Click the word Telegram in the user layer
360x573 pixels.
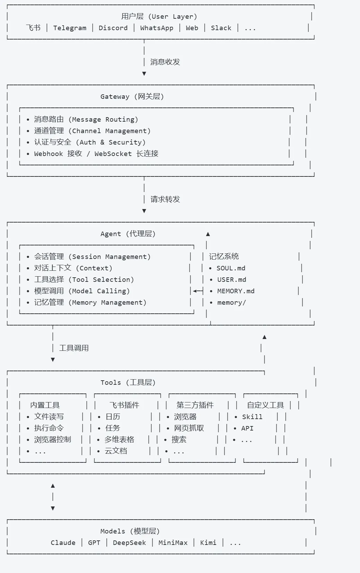tap(70, 28)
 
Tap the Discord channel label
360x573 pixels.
tap(113, 28)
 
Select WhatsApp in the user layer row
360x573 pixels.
tap(157, 28)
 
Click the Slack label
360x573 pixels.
tap(221, 28)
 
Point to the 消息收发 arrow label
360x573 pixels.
tap(165, 62)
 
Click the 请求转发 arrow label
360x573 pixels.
tap(165, 199)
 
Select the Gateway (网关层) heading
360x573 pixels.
tap(132, 97)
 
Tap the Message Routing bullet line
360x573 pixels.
tap(86, 120)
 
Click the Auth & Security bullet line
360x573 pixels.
tap(90, 142)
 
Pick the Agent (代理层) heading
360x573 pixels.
tap(128, 234)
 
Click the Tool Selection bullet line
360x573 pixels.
tap(84, 280)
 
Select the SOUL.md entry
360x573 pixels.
tap(231, 268)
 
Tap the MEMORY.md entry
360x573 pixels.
tap(235, 291)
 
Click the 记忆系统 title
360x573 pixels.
tap(224, 257)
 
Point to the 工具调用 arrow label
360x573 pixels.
tap(74, 348)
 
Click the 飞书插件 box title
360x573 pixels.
tap(124, 405)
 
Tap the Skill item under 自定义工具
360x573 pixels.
tap(252, 417)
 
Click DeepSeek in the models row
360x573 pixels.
tap(129, 543)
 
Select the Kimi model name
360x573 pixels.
tap(208, 543)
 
